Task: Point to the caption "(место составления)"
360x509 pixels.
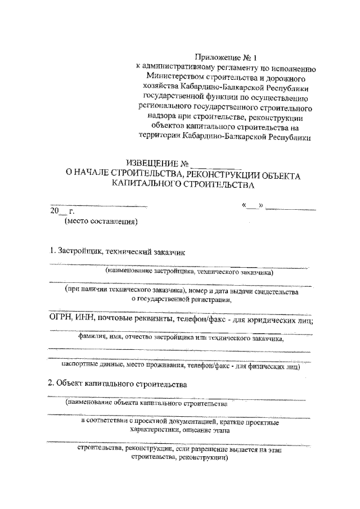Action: point(101,222)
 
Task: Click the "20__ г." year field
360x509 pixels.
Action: point(58,211)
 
